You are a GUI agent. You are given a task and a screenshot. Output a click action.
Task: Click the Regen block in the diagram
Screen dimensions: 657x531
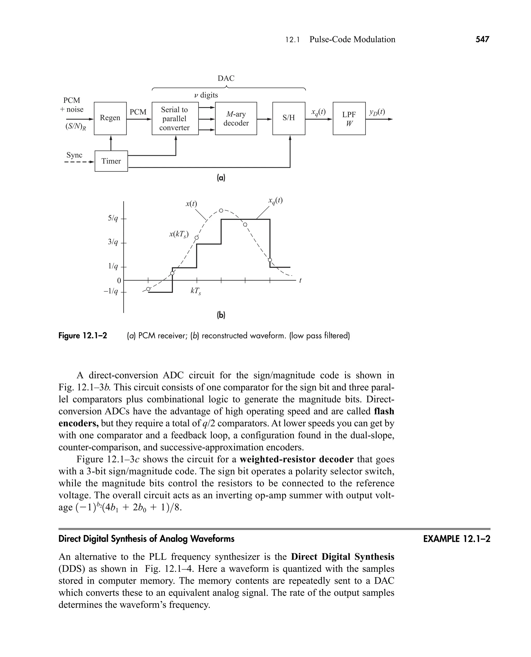click(x=110, y=118)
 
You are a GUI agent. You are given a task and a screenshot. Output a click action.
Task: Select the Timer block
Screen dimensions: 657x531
click(x=111, y=161)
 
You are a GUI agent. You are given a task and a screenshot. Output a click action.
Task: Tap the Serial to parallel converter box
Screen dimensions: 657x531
click(x=175, y=119)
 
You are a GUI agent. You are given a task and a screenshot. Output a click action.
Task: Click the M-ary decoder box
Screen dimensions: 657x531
click(x=236, y=119)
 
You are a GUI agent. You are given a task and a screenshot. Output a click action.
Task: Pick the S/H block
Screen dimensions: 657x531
click(x=288, y=118)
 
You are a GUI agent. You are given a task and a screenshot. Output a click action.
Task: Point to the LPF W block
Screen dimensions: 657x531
click(x=349, y=119)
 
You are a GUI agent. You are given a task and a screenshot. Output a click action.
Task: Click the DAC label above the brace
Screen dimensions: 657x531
click(x=226, y=79)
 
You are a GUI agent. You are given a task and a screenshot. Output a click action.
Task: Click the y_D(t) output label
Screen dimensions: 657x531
click(x=376, y=112)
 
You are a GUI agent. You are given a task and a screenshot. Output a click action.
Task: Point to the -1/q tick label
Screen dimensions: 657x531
click(x=111, y=291)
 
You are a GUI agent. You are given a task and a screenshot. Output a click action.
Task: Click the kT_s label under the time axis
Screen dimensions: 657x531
click(x=196, y=291)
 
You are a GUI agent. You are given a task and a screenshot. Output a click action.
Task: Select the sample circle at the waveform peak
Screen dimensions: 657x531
click(x=221, y=211)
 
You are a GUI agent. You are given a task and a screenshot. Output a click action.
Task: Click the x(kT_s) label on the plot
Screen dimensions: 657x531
click(x=179, y=235)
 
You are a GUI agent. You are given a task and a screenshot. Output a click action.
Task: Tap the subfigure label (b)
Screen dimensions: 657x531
click(x=221, y=315)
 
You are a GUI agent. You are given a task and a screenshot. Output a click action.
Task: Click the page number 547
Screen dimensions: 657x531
click(x=482, y=39)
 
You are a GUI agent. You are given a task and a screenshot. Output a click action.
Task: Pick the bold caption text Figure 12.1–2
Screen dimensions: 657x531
click(x=83, y=336)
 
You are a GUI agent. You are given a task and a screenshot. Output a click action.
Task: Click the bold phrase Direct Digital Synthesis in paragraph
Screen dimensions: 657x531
click(x=342, y=556)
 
